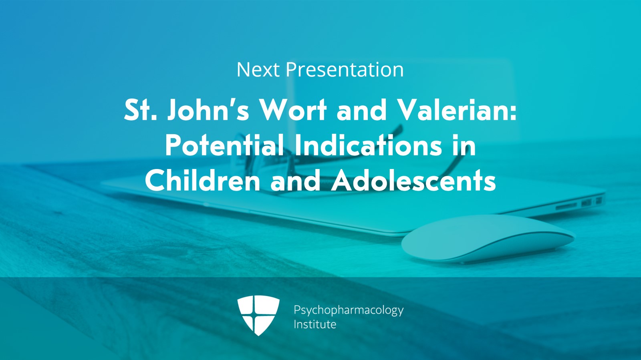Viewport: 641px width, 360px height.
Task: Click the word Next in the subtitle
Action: pos(258,70)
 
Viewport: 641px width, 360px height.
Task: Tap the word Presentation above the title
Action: pos(345,70)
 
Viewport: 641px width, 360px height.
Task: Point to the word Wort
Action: pos(293,110)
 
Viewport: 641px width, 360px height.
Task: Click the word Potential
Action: pos(225,145)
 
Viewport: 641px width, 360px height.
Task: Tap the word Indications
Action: pos(368,145)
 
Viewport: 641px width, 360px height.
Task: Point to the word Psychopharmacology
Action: pos(349,310)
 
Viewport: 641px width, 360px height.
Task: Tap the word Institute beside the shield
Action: pos(315,324)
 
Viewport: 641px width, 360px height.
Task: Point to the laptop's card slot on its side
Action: pos(566,205)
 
